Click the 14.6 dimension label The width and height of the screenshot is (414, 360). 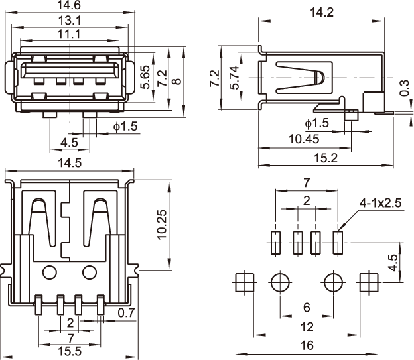point(69,7)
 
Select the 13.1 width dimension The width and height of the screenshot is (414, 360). point(69,20)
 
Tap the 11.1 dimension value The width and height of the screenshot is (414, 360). point(69,34)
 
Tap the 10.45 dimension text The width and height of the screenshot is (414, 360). point(305,139)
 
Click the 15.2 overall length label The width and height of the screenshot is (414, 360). point(325,157)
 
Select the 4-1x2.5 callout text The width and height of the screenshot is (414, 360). point(379,203)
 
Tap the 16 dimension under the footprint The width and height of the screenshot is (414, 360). point(307,345)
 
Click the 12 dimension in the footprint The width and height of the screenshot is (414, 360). point(307,327)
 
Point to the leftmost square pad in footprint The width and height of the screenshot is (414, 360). point(246,283)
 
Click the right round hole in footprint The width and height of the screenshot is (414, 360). point(333,283)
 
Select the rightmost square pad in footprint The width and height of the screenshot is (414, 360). point(367,283)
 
